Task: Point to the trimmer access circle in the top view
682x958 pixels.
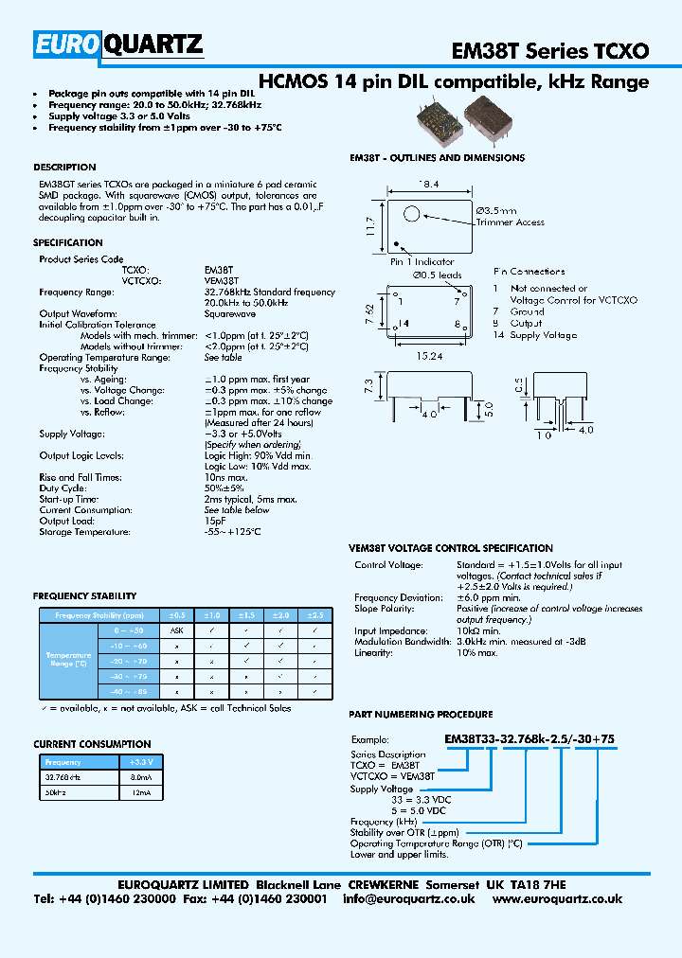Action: pos(413,214)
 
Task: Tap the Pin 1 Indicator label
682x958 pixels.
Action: pos(423,262)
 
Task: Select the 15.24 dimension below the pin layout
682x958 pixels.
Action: pos(430,357)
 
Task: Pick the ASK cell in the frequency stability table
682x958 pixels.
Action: pos(176,630)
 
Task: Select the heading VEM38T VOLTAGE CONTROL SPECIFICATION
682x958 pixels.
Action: pos(451,548)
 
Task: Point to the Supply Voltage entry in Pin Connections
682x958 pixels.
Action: pos(543,335)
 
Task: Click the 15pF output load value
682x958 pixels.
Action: pos(215,521)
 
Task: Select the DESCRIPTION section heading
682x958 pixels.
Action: pos(64,167)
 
